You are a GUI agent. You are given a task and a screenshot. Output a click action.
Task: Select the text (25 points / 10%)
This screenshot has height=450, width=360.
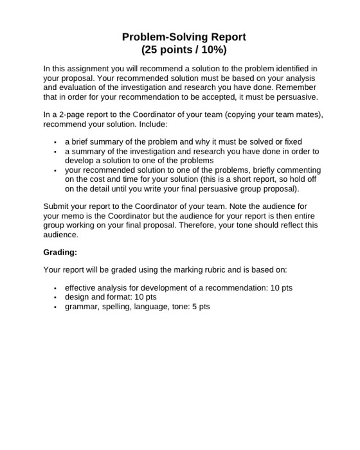(184, 50)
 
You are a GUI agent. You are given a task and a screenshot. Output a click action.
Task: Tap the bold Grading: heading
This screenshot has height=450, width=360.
(60, 252)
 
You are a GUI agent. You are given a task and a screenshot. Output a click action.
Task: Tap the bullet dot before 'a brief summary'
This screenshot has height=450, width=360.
(56, 141)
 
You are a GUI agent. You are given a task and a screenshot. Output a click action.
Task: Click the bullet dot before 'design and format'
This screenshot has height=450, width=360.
(56, 297)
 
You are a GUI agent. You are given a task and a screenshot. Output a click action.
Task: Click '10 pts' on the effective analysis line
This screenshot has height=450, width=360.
(281, 287)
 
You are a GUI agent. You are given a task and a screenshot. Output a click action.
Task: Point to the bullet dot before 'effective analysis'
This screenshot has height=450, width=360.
(56, 287)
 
